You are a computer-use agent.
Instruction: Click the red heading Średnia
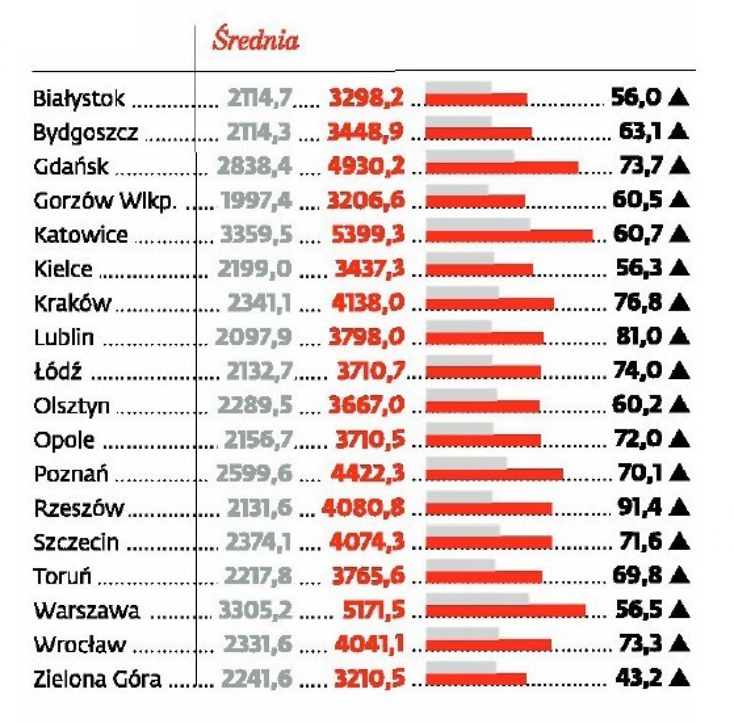256,40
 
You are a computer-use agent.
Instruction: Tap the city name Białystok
80,98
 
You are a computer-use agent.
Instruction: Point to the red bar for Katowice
509,235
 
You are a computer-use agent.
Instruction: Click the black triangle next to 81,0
679,337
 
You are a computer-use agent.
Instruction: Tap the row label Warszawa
87,610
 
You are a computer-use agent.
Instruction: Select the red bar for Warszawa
505,610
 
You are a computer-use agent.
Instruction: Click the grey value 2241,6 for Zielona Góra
257,679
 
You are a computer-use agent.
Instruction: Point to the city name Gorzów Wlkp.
105,201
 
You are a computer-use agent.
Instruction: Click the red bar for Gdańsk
502,167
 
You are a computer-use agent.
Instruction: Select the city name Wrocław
80,645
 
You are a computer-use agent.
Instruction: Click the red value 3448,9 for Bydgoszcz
366,132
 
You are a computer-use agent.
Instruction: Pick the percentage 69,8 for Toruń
637,576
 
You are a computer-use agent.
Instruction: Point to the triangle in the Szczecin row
679,542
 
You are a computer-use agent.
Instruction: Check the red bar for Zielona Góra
476,678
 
